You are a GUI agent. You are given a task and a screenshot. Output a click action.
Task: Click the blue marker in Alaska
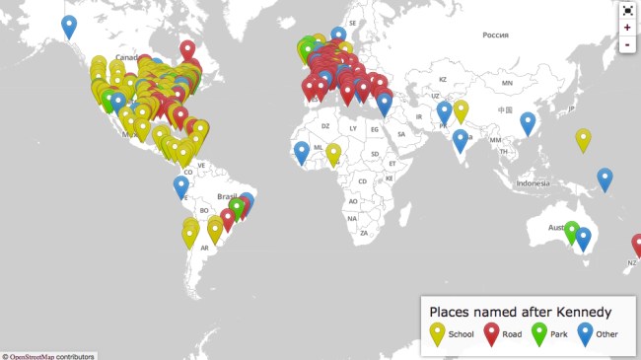68,26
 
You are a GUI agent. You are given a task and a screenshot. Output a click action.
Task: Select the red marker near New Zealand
637,245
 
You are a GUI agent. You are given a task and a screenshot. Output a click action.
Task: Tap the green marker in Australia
571,232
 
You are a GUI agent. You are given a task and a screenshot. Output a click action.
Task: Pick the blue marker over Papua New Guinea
605,179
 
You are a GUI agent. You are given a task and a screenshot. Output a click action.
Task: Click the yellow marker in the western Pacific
583,140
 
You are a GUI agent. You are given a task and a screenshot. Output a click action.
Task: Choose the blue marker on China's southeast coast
528,122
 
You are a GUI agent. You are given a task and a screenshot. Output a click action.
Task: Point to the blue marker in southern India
461,140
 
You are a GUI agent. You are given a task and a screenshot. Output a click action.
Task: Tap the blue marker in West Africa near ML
302,152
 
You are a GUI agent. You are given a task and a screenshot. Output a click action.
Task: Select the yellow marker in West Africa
333,154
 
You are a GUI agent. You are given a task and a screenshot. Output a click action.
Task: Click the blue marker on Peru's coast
181,185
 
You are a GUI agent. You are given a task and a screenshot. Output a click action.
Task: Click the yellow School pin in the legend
436,333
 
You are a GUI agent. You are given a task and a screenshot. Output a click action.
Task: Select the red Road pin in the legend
490,333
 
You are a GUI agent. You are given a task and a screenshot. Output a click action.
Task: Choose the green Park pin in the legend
538,333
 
